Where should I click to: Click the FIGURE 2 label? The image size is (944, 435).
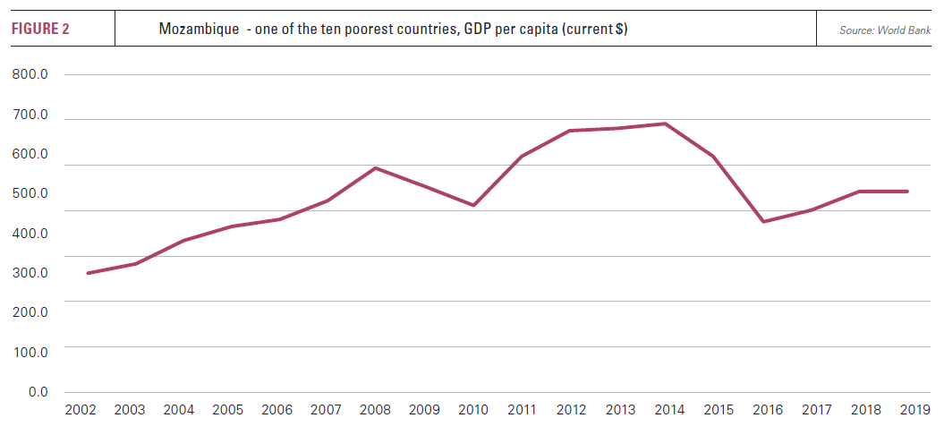[40, 30]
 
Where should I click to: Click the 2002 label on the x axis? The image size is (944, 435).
[81, 411]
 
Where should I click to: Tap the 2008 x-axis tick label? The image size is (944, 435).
[376, 411]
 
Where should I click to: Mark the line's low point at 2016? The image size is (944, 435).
[762, 221]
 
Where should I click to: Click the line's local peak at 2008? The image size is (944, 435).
[376, 167]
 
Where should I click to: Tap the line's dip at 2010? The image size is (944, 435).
[473, 206]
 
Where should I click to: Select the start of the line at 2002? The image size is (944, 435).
[87, 273]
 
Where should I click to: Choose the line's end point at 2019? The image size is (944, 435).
[908, 191]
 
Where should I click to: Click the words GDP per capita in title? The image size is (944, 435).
[504, 30]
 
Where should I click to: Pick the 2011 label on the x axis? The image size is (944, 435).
[522, 411]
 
